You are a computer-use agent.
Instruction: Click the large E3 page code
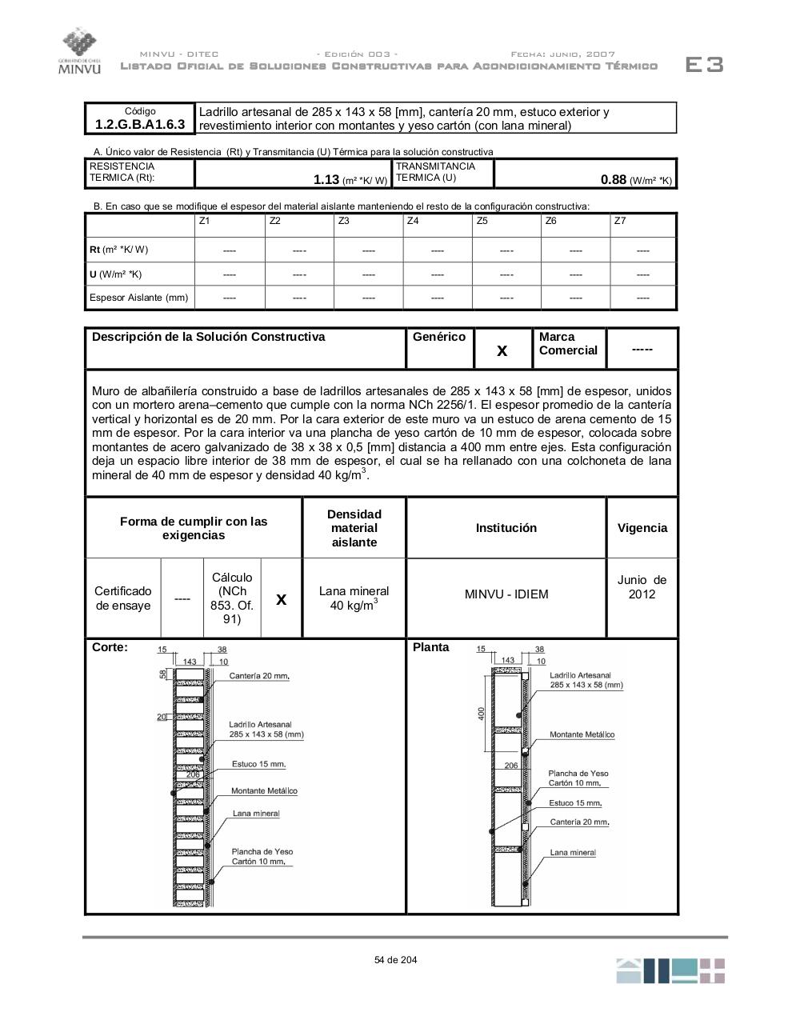coord(704,65)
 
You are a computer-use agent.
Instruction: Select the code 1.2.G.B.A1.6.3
coord(140,124)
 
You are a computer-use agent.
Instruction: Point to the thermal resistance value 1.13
coord(326,180)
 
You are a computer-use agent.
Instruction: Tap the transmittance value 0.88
coord(614,180)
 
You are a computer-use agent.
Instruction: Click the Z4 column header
coord(413,221)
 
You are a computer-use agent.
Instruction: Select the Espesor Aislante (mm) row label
coord(139,298)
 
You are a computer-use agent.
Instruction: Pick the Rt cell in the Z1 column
coord(230,250)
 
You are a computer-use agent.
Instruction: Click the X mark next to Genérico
coord(502,350)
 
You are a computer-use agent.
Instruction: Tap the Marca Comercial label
coord(568,344)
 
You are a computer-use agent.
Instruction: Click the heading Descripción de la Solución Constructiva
coord(209,337)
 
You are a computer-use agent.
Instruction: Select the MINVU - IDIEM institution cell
coord(506,594)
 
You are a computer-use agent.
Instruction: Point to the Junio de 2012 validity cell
coord(642,587)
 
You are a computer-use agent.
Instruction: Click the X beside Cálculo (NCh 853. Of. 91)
coord(281,598)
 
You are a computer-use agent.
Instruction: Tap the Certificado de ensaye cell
coord(123,598)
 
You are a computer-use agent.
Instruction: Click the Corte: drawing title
coord(110,647)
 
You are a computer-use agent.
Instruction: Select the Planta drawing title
coord(431,647)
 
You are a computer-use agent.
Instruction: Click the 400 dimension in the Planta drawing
coord(482,712)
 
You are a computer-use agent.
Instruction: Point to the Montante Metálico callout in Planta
coord(582,734)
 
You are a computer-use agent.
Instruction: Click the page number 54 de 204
coord(395,960)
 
